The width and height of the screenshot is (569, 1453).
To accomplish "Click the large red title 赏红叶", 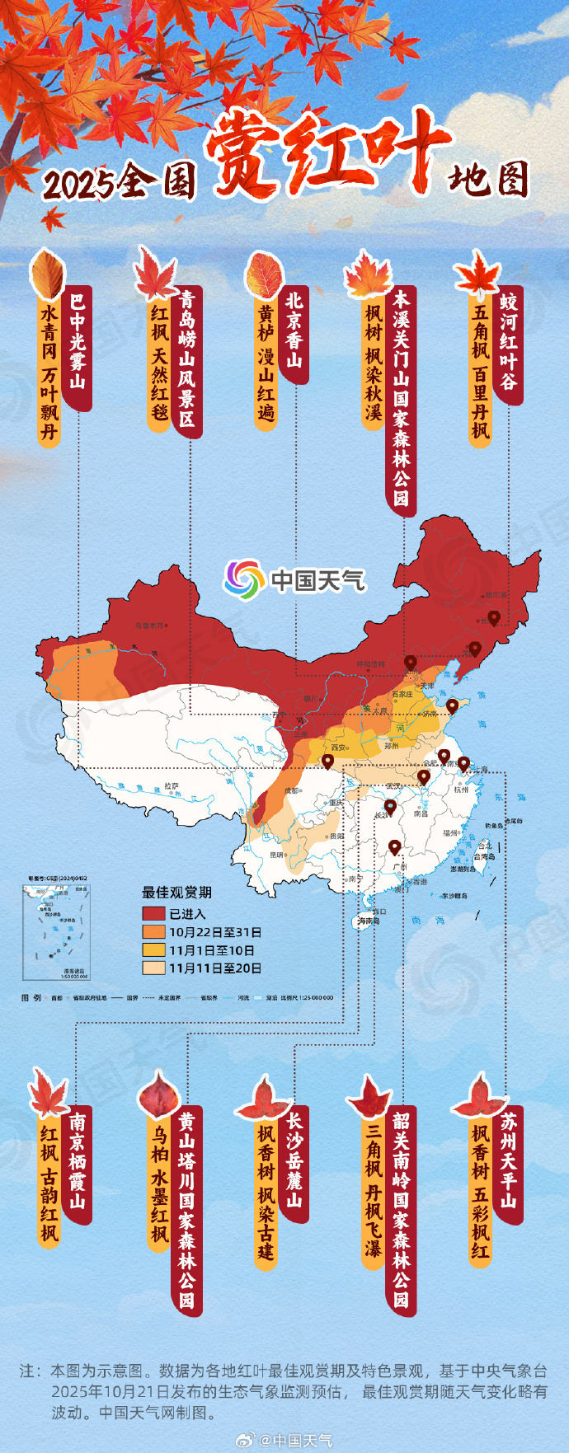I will click(x=326, y=153).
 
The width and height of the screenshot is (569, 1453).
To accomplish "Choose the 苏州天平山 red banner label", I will click(x=509, y=1163).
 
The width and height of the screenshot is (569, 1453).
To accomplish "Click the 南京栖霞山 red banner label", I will click(x=78, y=1163).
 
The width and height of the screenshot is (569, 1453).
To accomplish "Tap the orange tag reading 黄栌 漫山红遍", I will click(x=266, y=363).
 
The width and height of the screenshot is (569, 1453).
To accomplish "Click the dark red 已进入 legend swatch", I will click(x=153, y=914).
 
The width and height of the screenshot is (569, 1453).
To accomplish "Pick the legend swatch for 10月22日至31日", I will click(x=153, y=932).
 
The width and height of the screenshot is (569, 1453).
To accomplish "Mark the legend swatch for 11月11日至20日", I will click(x=153, y=968).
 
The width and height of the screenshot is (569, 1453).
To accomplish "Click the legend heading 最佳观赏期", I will click(x=176, y=892).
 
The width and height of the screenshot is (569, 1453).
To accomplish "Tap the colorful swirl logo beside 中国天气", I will click(x=244, y=579).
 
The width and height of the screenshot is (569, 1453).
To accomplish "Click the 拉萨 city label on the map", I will click(x=171, y=786).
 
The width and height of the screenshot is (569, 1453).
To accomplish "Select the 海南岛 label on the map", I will click(x=367, y=921).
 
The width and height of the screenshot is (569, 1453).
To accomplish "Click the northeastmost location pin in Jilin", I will click(x=494, y=617).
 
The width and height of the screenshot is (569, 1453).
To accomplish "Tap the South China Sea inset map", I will click(x=56, y=931).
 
